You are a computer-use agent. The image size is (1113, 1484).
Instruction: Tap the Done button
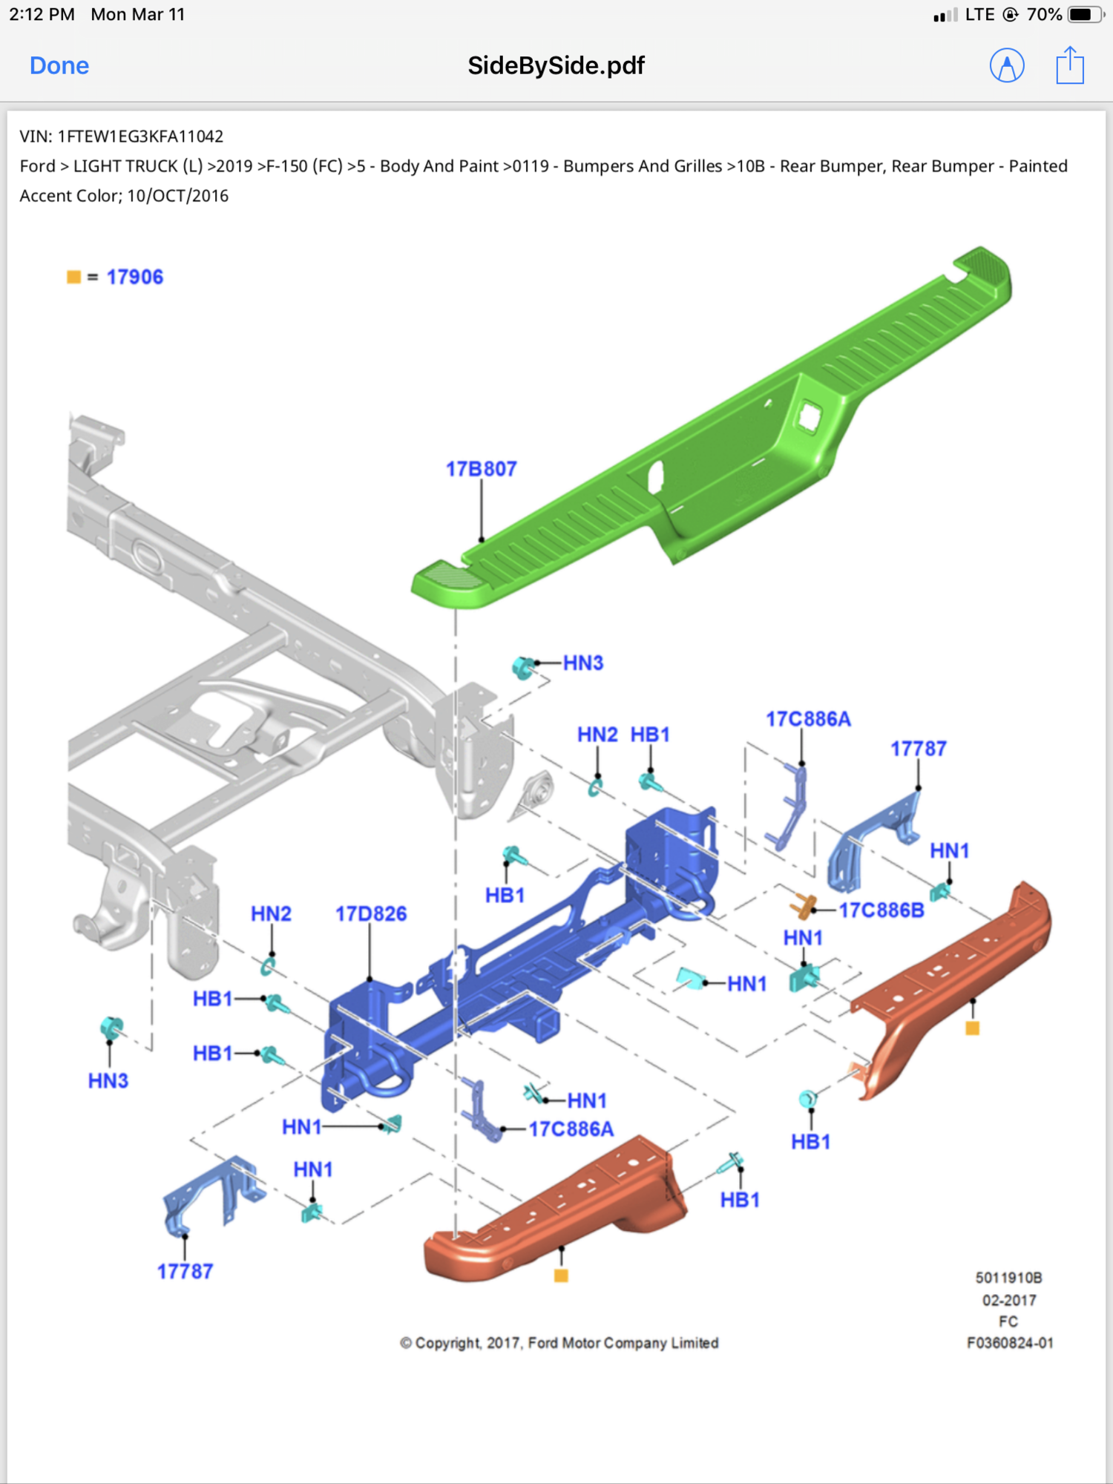pyautogui.click(x=59, y=65)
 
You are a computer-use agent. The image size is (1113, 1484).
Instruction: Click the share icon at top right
pyautogui.click(x=1069, y=65)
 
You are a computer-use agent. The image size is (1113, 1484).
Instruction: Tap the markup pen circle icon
pyautogui.click(x=1007, y=65)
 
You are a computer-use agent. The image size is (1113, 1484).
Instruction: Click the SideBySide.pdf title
pyautogui.click(x=556, y=65)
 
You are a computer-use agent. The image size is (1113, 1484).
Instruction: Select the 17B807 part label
pyautogui.click(x=481, y=469)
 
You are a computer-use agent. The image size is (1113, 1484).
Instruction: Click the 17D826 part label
pyautogui.click(x=370, y=913)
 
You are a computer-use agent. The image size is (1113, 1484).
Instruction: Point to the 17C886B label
pyautogui.click(x=881, y=910)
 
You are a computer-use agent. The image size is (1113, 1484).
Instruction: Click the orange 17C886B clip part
pyautogui.click(x=802, y=906)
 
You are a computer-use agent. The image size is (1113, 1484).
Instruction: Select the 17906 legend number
pyautogui.click(x=134, y=277)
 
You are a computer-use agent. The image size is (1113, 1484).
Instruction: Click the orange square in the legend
pyautogui.click(x=73, y=277)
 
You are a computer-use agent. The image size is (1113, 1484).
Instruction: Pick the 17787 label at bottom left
pyautogui.click(x=185, y=1272)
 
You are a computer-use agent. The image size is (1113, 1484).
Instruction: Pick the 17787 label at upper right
pyautogui.click(x=919, y=749)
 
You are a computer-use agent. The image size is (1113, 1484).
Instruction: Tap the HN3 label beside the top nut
pyautogui.click(x=583, y=663)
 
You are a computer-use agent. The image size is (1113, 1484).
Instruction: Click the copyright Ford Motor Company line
pyautogui.click(x=559, y=1343)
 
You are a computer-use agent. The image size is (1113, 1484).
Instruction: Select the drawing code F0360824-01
pyautogui.click(x=1010, y=1343)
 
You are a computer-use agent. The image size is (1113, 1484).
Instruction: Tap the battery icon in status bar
pyautogui.click(x=1085, y=15)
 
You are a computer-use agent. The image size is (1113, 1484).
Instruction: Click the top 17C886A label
pyautogui.click(x=808, y=719)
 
